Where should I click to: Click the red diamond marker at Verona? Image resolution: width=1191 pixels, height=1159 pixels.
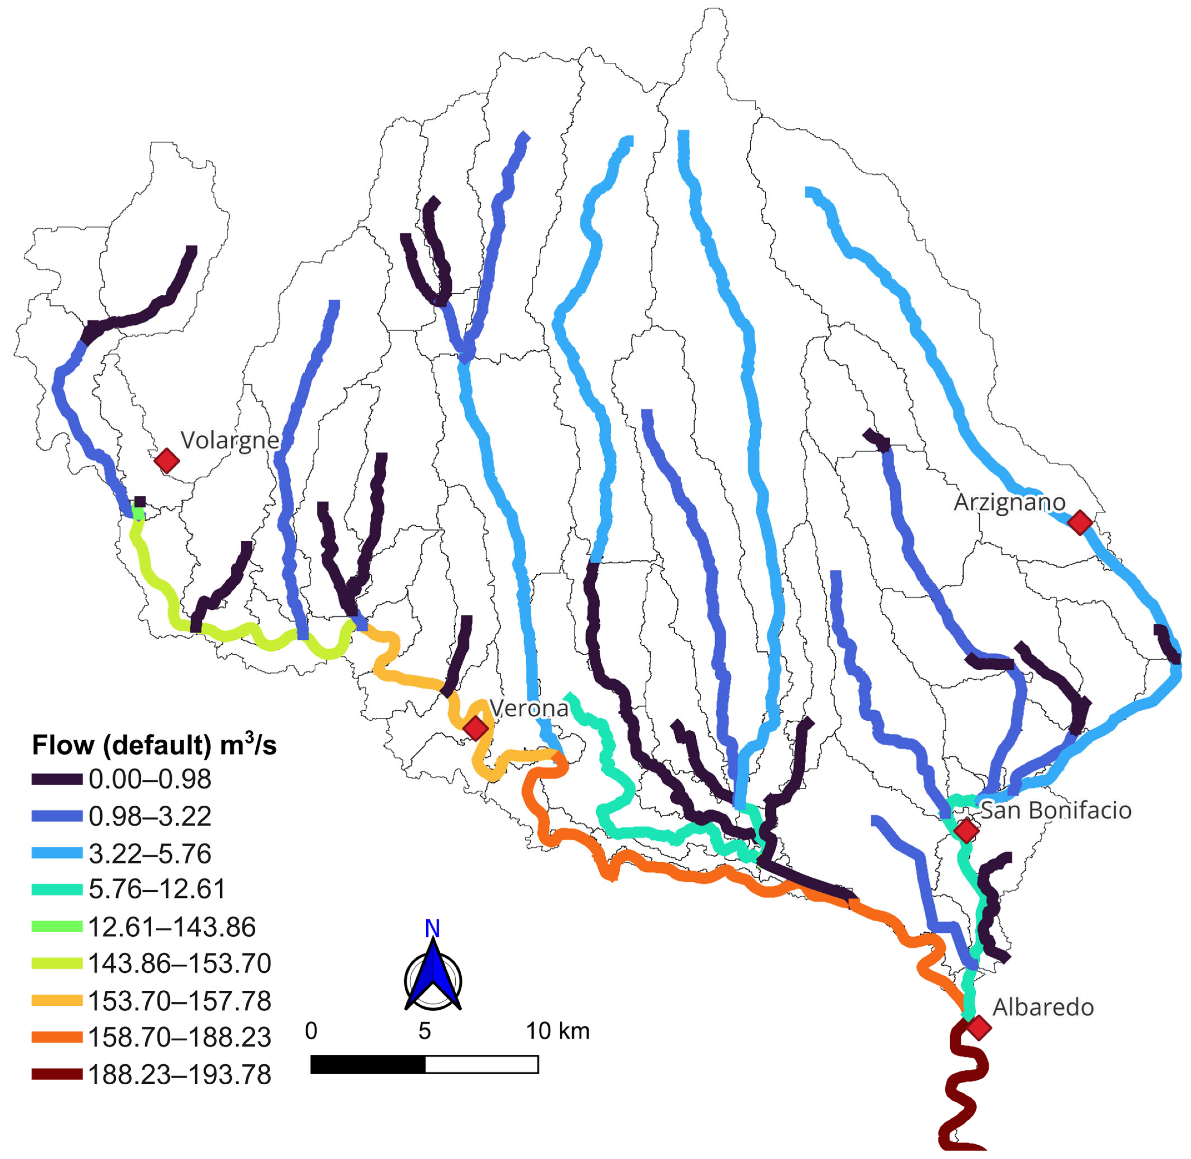[x=476, y=728]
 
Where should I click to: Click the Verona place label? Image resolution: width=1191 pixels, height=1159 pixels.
[x=529, y=708]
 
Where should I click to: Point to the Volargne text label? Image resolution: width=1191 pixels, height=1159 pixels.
[x=229, y=440]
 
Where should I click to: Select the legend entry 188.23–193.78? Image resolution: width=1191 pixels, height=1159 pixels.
[x=180, y=1076]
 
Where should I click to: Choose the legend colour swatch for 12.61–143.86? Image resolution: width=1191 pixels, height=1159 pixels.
[x=57, y=927]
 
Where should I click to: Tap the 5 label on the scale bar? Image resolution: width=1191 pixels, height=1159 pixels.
[x=424, y=1031]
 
